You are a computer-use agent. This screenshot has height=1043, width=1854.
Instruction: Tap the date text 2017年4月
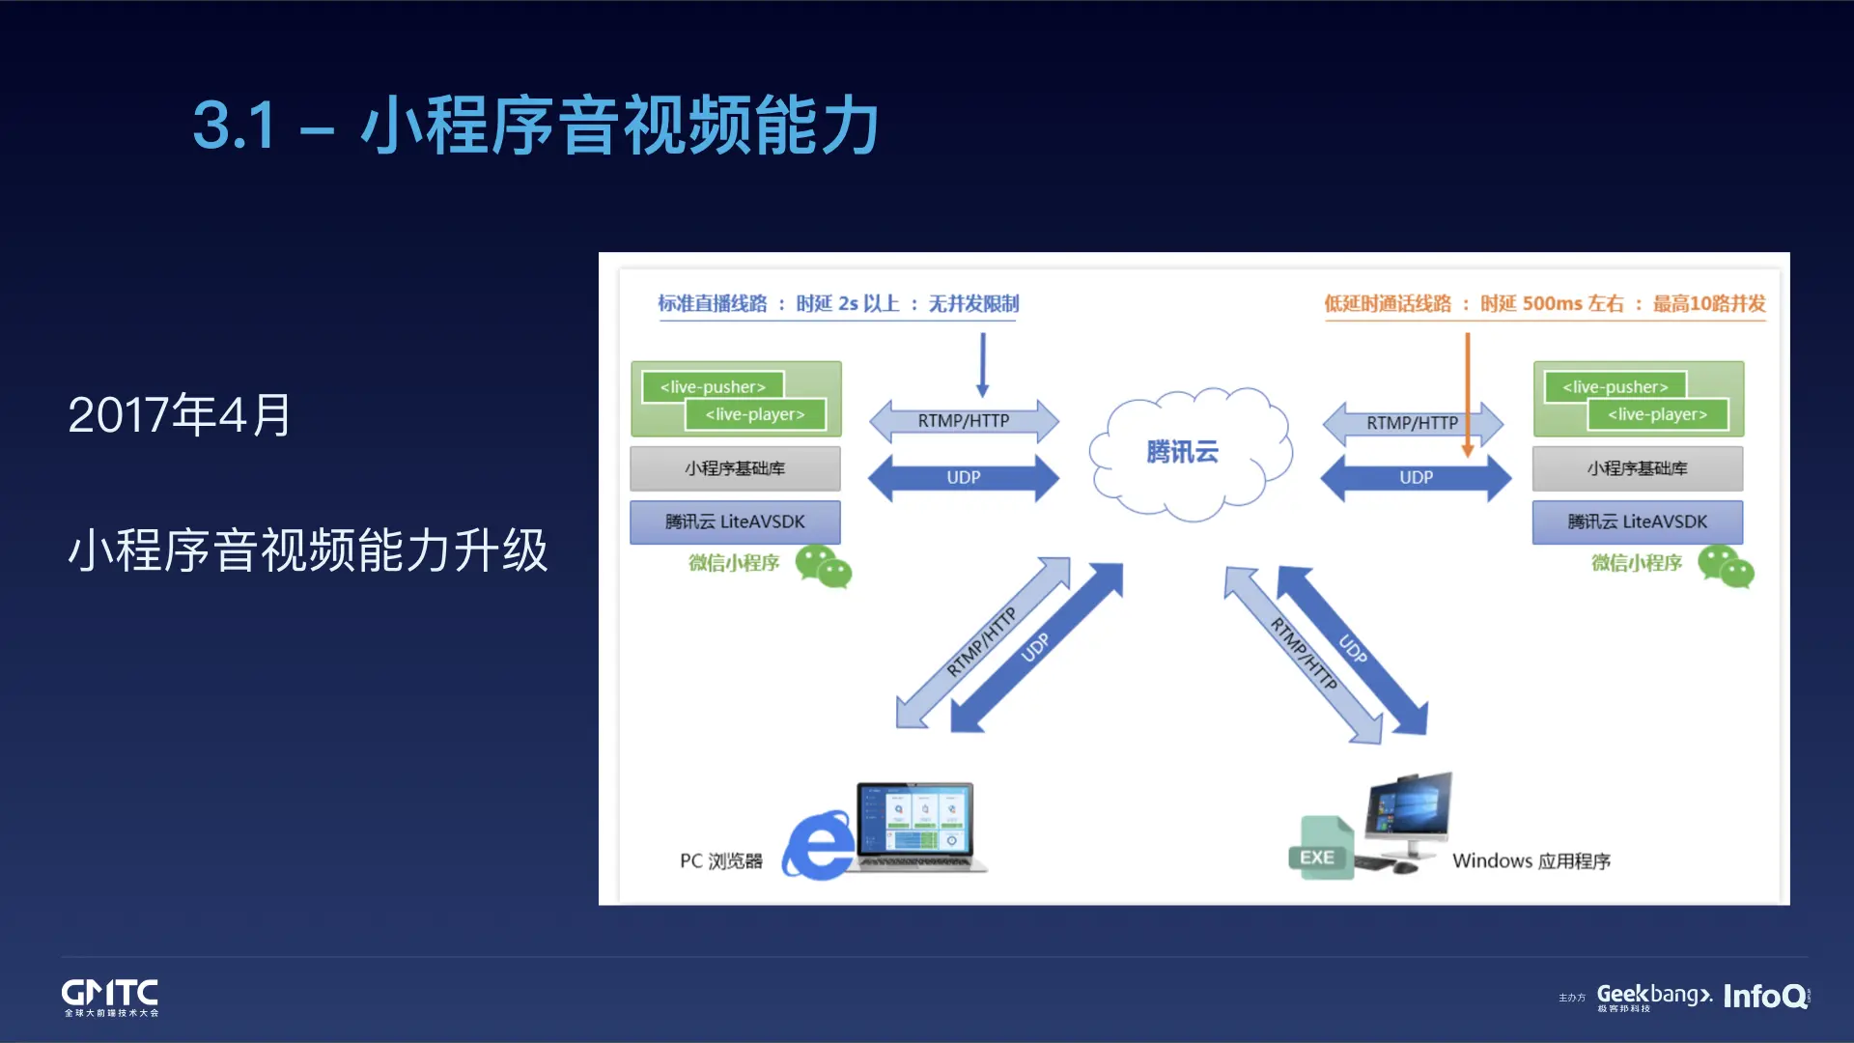click(180, 415)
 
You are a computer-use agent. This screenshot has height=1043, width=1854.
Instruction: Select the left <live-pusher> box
click(713, 386)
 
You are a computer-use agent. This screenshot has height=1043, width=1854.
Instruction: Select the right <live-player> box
click(1657, 414)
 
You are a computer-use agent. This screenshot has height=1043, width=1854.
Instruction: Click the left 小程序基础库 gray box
click(735, 468)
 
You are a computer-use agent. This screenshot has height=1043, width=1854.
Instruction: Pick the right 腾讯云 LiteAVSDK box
click(1637, 521)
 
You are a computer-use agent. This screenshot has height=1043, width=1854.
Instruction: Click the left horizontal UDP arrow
click(963, 477)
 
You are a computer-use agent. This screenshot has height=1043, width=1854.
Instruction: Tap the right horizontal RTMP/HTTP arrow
click(1412, 423)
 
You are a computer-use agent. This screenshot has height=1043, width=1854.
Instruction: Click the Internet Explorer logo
click(819, 846)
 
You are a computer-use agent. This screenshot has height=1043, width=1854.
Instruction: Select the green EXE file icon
click(1320, 849)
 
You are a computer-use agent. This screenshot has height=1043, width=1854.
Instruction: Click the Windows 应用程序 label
click(1531, 860)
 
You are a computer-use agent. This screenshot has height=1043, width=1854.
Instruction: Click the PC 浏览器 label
click(720, 860)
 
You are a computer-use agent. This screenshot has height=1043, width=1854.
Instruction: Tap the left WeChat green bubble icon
click(823, 566)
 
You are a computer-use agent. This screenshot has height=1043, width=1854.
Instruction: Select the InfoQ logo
click(1765, 996)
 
